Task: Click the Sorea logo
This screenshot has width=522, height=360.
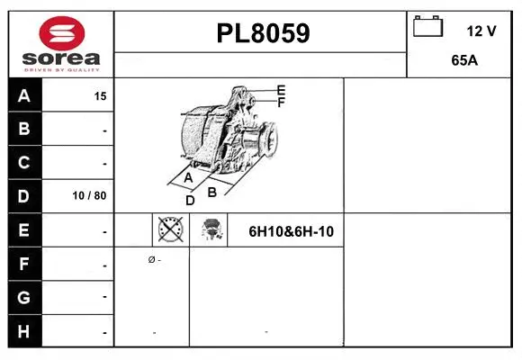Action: coord(62,45)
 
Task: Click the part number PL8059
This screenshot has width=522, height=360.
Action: coord(263,34)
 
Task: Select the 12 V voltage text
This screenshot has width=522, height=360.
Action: coord(481,31)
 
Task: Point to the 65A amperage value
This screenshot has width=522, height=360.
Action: coord(463,62)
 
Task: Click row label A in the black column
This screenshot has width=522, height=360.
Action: coord(24,94)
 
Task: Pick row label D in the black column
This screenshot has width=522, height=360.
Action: coord(24,195)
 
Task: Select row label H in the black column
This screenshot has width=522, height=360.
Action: coord(24,331)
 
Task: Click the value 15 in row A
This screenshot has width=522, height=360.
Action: coord(100,95)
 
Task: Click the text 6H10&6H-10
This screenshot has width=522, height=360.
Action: coord(291,231)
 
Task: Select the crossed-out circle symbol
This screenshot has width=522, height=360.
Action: coord(170,230)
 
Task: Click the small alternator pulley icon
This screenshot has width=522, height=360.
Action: coord(212,230)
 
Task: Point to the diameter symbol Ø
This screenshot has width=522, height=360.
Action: coord(151,259)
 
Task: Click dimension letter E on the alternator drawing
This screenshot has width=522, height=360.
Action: coord(281,90)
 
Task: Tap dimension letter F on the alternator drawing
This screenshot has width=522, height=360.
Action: coord(281,103)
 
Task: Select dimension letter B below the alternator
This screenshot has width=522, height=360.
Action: coord(212,191)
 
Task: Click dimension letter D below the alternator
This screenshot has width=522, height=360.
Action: coord(190,201)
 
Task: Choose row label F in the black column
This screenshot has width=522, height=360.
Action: coord(24,265)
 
